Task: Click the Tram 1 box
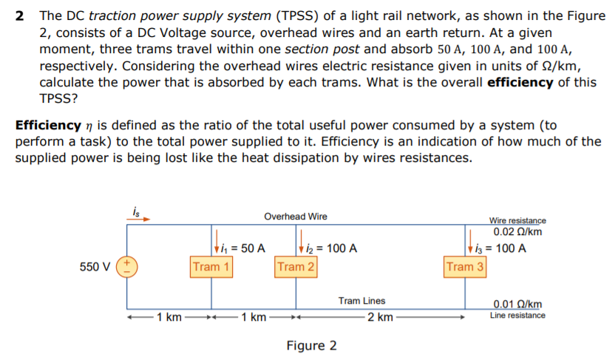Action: point(211,266)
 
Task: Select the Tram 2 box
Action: point(296,266)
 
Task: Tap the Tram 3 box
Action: point(465,266)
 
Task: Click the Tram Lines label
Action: point(361,301)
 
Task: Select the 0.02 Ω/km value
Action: point(517,231)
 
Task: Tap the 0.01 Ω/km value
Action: point(517,305)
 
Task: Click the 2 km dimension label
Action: point(379,318)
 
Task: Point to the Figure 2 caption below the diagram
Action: point(311,345)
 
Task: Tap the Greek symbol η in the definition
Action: point(92,125)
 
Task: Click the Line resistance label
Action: point(517,316)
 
